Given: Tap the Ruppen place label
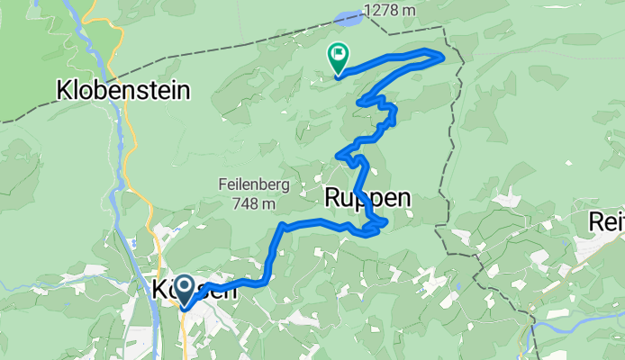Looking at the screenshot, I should coord(367,198).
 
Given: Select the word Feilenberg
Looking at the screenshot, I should coord(246,184).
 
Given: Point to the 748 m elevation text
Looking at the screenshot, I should coord(247,203).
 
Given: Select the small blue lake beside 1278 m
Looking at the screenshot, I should coord(346,16).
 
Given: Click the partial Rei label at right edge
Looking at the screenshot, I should coord(606,221).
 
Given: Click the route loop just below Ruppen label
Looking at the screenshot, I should coord(378,224).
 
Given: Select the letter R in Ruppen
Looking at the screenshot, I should coord(333,198).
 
